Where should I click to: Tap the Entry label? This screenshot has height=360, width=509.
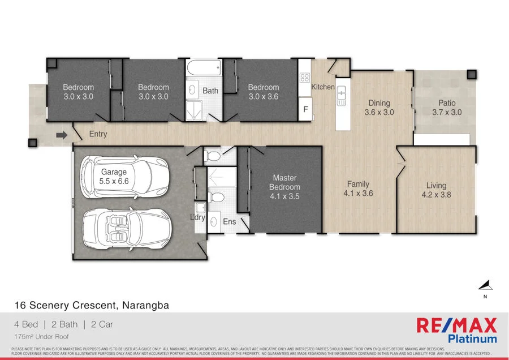98,134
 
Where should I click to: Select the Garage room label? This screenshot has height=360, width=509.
114,172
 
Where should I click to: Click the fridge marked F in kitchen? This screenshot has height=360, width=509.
305,109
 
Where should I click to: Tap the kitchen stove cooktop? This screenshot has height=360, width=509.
305,78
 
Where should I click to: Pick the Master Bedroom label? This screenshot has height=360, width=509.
285,182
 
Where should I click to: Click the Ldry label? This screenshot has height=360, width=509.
197,217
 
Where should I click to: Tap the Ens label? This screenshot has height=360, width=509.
229,222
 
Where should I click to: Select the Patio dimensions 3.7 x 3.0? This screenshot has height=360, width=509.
447,112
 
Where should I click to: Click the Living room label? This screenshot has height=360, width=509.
436,185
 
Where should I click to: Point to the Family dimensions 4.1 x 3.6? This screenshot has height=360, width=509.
358,193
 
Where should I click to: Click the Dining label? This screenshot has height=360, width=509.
379,103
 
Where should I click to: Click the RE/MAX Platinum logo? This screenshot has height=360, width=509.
456,330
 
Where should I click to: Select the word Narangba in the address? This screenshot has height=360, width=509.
145,305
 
